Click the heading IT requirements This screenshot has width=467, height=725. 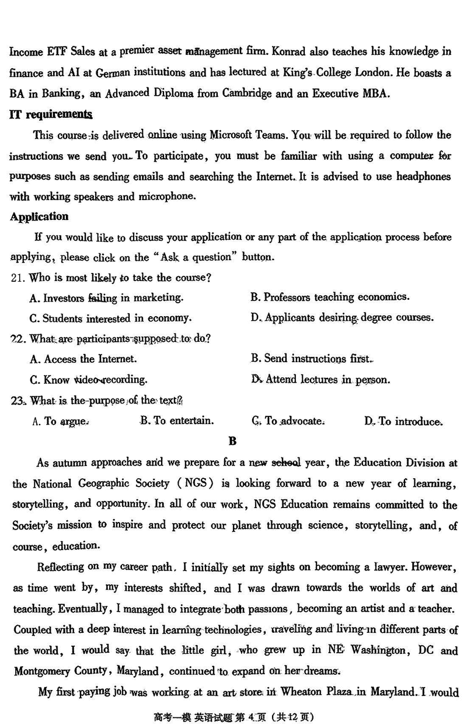coord(51,114)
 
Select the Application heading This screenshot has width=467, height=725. coord(39,216)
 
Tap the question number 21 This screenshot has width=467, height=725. coord(18,278)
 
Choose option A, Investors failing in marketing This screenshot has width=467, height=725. coord(106,298)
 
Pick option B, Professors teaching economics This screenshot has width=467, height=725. coord(330,297)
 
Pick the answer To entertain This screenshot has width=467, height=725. coord(177,421)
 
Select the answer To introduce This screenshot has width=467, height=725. coord(403,421)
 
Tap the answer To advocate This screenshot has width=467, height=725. coord(288,421)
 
